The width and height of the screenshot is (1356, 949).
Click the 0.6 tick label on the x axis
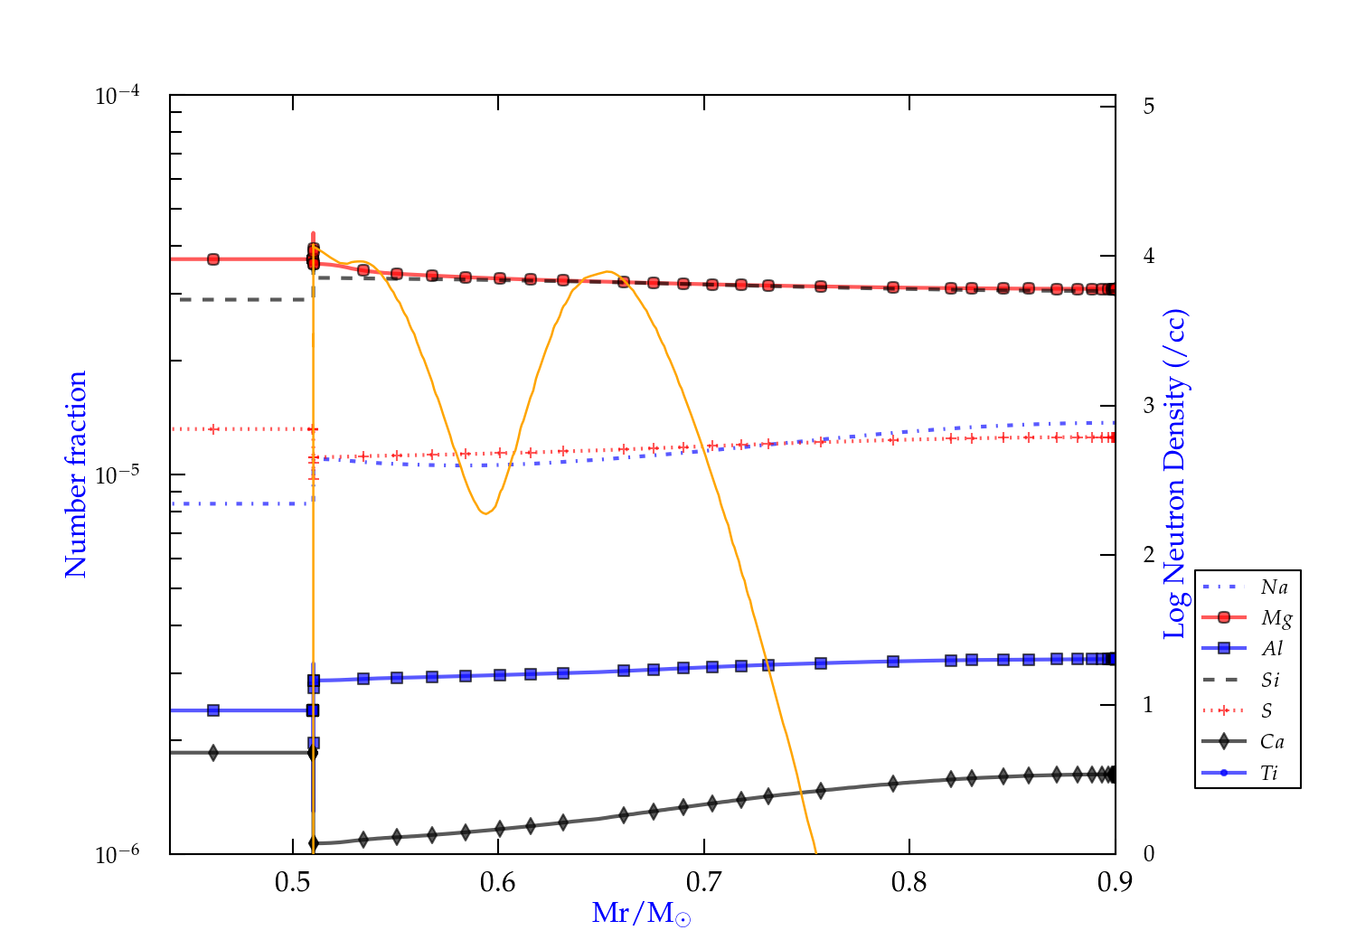point(498,882)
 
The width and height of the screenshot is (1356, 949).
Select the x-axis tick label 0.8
point(909,882)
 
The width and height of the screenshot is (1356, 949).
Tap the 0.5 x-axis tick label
point(293,882)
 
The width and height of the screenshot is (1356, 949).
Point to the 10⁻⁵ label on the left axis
point(122,474)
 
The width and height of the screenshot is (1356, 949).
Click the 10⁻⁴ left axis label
point(122,95)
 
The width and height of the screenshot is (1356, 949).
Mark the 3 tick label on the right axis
point(1148,405)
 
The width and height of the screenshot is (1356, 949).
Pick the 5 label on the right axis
point(1148,106)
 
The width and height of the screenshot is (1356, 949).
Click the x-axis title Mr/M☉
point(641,914)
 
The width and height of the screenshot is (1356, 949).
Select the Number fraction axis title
point(76,474)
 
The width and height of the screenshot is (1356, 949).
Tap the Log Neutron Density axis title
point(1174,474)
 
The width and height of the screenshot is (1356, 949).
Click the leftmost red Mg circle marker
point(213,259)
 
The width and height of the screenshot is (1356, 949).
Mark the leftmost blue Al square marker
point(213,710)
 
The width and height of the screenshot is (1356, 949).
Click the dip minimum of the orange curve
point(486,513)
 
